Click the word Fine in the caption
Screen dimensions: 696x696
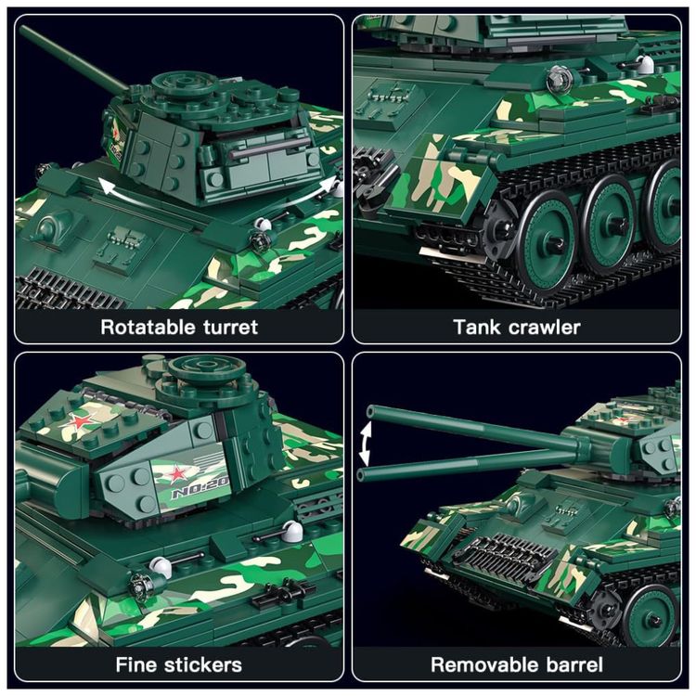coord(135,664)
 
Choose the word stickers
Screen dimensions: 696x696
coord(203,664)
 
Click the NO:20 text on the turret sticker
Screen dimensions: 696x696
coord(200,491)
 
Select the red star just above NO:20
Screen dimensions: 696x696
coord(177,474)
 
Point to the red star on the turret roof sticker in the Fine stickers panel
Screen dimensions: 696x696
coord(79,421)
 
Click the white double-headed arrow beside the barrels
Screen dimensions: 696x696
coord(365,443)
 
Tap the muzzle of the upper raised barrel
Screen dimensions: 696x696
coord(370,411)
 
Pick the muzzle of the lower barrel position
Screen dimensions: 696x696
coord(361,475)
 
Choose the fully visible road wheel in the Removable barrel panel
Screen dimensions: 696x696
coord(651,615)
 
